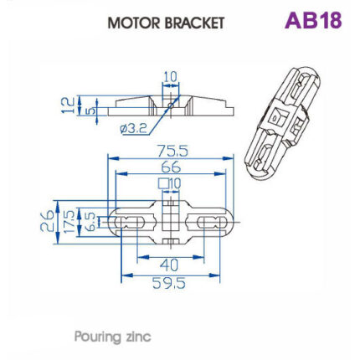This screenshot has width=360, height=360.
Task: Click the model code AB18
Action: coord(312,20)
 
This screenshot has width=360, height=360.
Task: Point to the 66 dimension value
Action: coord(171,167)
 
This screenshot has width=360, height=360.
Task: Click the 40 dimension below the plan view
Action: coord(170,266)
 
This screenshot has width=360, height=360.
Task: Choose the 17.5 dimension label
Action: coord(61,222)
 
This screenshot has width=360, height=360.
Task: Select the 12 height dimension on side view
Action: coord(69,104)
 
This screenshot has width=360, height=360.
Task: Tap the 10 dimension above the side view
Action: coord(170,78)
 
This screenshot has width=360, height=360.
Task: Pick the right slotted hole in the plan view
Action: coord(208,222)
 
